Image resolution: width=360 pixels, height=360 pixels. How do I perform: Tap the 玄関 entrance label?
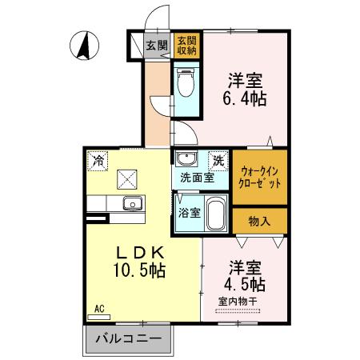(x=157, y=46)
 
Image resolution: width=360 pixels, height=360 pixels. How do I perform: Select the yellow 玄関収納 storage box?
(x=186, y=45)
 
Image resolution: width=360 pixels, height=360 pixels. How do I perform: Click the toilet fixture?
(x=185, y=82)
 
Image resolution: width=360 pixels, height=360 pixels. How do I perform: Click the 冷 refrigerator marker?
(x=98, y=159)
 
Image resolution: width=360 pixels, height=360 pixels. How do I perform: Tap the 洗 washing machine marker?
(x=217, y=159)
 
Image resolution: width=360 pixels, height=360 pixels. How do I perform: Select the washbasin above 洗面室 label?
(x=185, y=158)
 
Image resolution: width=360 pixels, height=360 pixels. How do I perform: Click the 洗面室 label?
(x=196, y=178)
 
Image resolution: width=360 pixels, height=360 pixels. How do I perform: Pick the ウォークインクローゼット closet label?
(x=261, y=177)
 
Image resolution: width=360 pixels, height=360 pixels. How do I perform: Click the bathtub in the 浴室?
(x=215, y=215)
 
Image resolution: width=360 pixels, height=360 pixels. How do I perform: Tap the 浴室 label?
(x=188, y=214)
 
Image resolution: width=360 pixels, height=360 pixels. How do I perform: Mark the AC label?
(x=100, y=307)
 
